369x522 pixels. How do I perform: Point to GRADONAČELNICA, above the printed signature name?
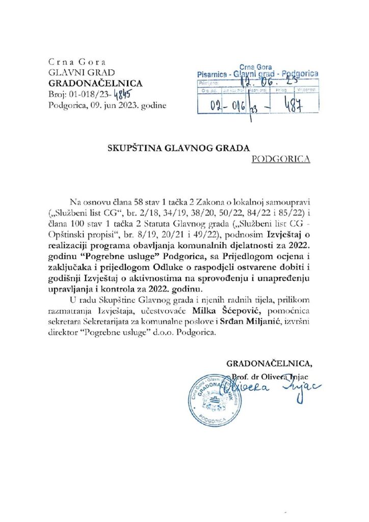click(270, 364)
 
